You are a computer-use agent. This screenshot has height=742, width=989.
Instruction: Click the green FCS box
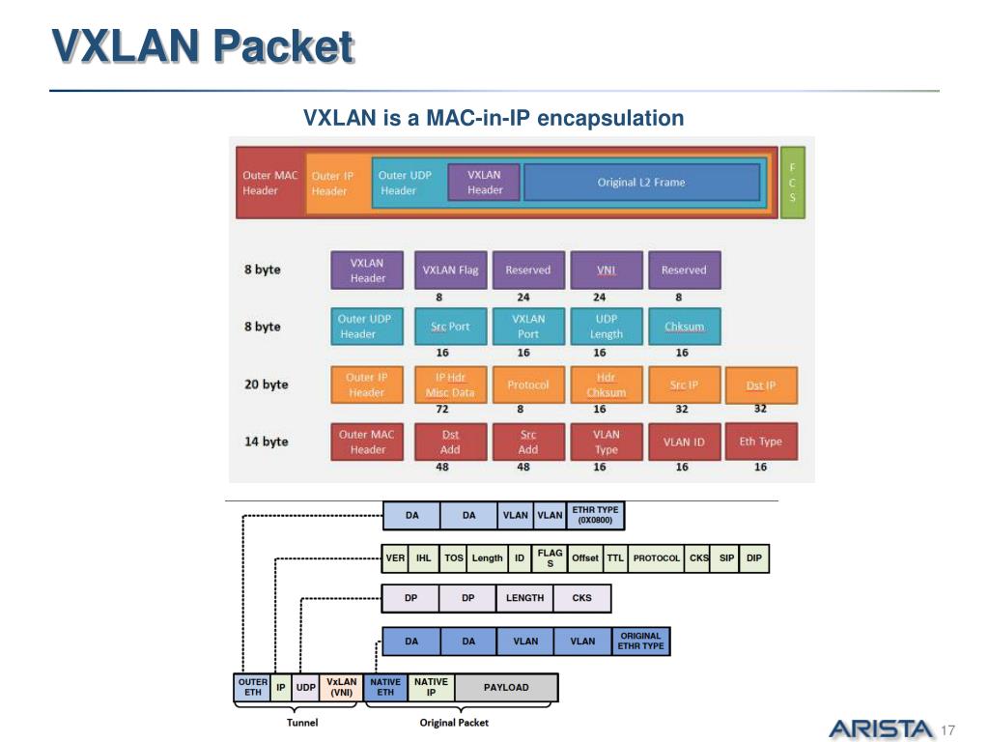793,183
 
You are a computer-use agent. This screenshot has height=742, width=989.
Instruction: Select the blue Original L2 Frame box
641,183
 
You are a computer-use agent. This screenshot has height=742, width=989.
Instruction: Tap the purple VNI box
607,271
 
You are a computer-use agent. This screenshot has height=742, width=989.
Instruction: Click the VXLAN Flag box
450,271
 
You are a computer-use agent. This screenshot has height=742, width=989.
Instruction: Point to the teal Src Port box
450,327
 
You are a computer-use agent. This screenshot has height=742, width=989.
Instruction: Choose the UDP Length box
607,327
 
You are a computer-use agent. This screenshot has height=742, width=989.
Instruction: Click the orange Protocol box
528,385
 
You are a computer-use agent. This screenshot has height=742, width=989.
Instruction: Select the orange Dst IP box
761,385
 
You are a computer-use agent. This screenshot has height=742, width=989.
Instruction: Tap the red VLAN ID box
685,442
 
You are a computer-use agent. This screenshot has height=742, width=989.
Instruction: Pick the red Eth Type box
761,442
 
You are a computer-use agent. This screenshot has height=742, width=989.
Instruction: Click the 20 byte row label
267,385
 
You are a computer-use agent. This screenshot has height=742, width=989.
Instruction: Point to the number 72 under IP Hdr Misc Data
442,409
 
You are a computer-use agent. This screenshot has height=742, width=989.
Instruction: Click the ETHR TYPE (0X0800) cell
595,515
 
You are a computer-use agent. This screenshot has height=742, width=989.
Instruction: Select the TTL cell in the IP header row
615,558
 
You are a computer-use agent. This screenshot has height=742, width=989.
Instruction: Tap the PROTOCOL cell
657,558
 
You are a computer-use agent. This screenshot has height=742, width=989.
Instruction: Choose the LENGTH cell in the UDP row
524,597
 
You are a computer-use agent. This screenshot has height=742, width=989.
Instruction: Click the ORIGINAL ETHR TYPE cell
641,642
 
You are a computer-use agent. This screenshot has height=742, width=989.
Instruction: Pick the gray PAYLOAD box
506,687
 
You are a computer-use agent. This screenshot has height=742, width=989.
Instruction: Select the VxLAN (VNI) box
341,687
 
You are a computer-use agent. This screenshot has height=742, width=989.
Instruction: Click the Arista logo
881,729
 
